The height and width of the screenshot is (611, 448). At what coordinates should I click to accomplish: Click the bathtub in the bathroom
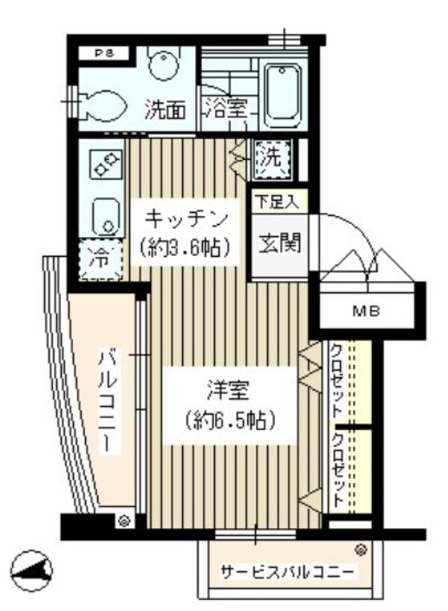281,94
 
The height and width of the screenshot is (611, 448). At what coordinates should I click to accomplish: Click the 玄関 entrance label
279,244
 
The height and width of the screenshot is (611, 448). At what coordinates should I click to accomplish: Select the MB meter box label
367,311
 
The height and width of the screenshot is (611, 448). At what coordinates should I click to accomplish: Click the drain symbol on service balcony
361,550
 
